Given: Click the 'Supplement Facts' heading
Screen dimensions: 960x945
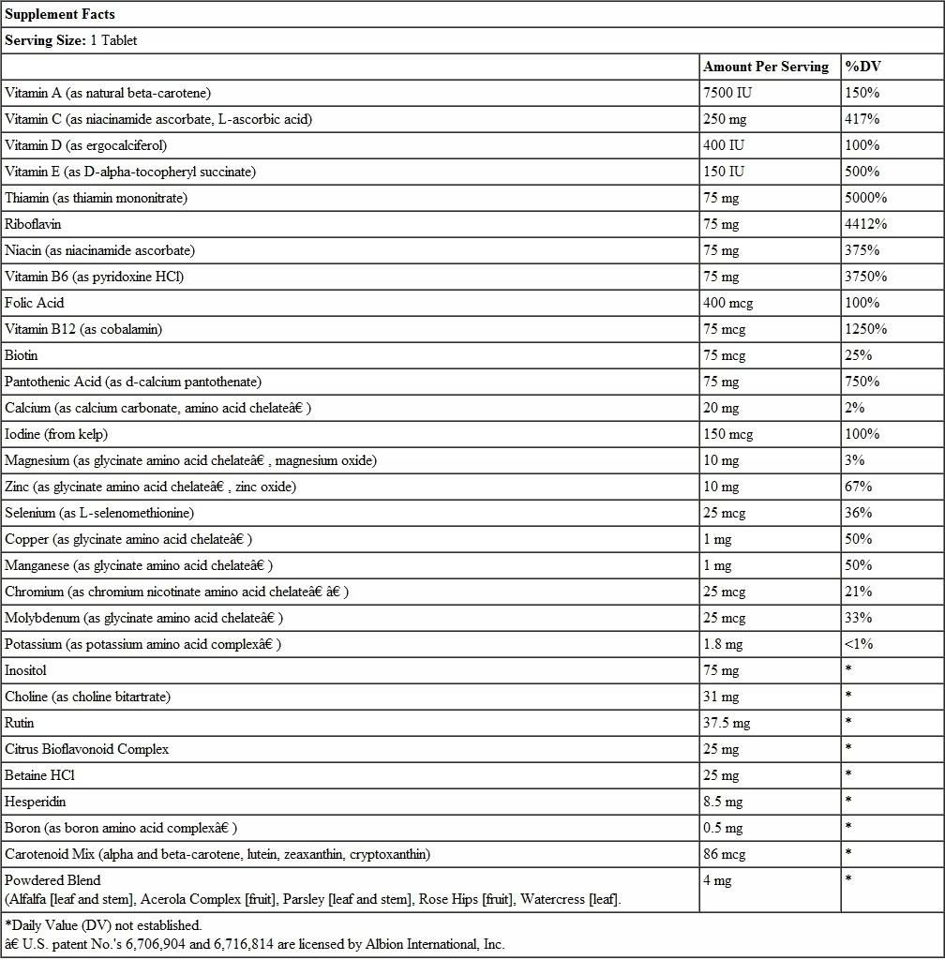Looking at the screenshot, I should tap(60, 14).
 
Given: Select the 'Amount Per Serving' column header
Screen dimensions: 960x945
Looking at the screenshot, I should tap(766, 67).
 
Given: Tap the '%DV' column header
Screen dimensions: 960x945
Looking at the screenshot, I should tap(862, 67).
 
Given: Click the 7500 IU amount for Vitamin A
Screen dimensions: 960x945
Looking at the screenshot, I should tap(727, 93).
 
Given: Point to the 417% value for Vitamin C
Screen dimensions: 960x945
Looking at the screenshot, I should tap(862, 119).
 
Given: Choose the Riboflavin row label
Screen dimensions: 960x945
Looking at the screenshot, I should tap(33, 224).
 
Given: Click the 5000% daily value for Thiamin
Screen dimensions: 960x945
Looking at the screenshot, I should tap(865, 198).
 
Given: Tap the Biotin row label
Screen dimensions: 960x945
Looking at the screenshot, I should tap(22, 355).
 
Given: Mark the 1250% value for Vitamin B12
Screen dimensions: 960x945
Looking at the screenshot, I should tap(865, 329).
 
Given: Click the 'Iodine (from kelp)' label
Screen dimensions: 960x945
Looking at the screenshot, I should tap(56, 434).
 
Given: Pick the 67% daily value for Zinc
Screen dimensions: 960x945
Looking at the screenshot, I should tap(858, 487).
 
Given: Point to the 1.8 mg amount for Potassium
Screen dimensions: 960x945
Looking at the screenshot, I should tap(723, 644).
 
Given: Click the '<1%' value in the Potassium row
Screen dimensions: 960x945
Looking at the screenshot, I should tap(858, 644).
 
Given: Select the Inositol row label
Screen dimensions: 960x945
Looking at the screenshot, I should tap(25, 670).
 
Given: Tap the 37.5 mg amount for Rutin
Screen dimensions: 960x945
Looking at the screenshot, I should tap(727, 723).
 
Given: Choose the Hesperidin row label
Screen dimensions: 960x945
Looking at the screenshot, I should tap(36, 802).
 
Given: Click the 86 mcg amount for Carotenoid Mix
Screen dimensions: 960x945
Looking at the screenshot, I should tap(724, 854).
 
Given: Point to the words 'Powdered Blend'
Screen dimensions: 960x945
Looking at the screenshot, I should tap(52, 880).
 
